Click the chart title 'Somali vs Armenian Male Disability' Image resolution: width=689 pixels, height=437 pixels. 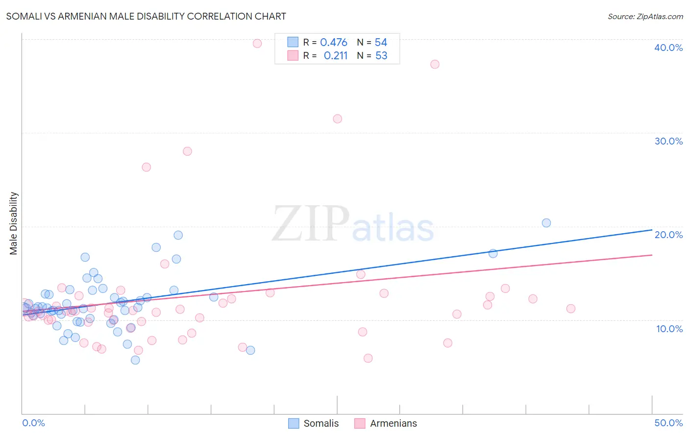[146, 16]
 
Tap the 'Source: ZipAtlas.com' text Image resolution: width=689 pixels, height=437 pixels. [645, 16]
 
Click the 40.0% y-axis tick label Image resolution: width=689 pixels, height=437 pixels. [668, 48]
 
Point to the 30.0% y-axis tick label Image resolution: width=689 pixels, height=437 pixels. [668, 141]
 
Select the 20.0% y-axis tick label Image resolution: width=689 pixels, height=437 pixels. [668, 235]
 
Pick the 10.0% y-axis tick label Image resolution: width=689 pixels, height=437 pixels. [668, 329]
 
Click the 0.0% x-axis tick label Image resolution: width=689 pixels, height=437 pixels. [33, 423]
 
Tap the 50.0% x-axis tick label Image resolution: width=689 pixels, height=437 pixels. [668, 423]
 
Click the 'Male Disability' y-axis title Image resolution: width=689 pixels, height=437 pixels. [14, 223]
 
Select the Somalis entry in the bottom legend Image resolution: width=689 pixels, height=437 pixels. [314, 423]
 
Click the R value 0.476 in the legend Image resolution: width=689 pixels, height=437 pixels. [334, 43]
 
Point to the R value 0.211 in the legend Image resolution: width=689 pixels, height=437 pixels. [336, 56]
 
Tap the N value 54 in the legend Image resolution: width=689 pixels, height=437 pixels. [381, 43]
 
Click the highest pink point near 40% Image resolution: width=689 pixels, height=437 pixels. [257, 44]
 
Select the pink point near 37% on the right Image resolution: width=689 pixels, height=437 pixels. [435, 64]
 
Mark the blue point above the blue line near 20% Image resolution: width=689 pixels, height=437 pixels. [546, 223]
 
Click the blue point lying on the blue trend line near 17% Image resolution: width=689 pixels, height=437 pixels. [493, 253]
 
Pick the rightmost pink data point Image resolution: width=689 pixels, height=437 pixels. [570, 309]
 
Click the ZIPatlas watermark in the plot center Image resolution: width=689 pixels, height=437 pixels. [353, 224]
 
